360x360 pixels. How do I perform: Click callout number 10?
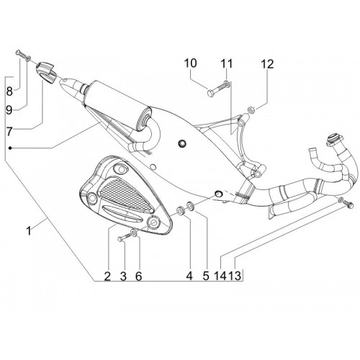tap(191, 63)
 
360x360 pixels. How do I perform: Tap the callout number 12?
tap(267, 64)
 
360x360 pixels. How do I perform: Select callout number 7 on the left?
tap(9, 132)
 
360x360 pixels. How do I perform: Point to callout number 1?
tap(29, 231)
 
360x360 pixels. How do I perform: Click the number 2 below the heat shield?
tap(107, 276)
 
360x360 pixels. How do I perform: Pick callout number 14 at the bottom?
tap(220, 276)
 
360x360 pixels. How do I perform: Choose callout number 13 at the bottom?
tap(235, 276)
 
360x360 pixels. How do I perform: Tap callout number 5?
tap(206, 276)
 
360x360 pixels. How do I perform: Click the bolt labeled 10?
tap(215, 89)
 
